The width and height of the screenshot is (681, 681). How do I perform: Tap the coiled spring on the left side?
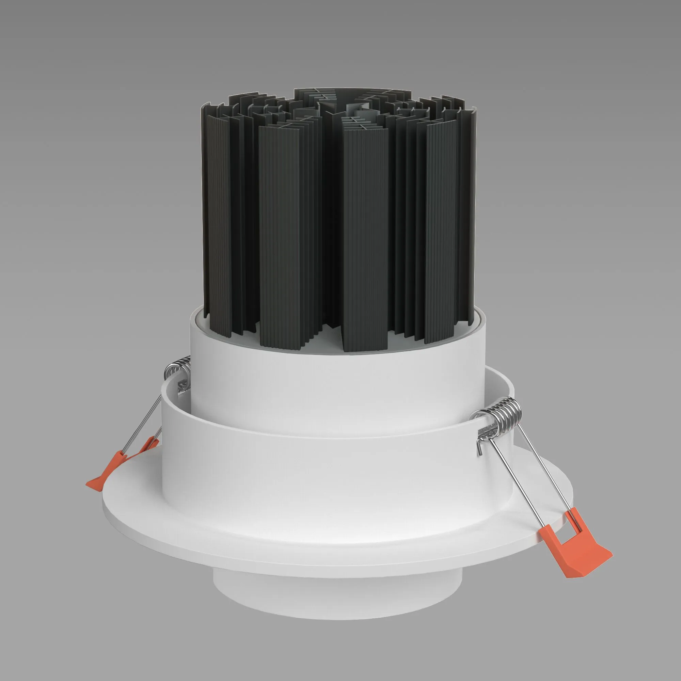[178, 369]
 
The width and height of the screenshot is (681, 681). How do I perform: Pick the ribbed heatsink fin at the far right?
[441, 229]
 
